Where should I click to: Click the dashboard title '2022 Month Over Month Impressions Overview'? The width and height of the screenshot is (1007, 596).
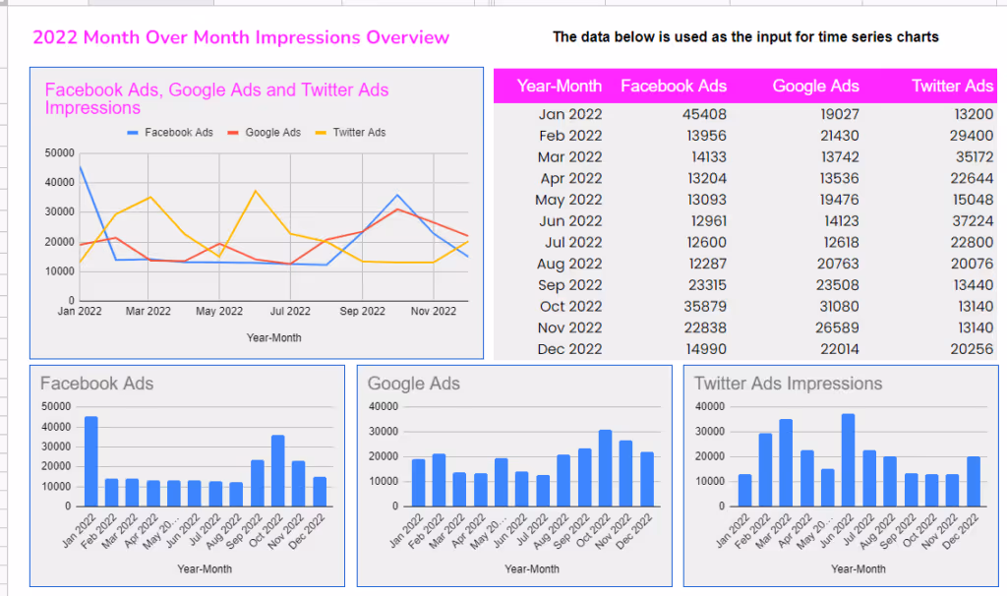(x=241, y=37)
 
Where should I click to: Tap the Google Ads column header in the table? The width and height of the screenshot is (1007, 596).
(x=815, y=86)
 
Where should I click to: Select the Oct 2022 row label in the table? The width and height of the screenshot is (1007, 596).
(x=569, y=307)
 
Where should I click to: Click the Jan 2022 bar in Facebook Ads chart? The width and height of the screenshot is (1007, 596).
(x=90, y=461)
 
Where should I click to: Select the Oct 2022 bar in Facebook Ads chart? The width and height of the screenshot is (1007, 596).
(x=277, y=470)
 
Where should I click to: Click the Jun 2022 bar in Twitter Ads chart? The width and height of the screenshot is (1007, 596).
(x=848, y=459)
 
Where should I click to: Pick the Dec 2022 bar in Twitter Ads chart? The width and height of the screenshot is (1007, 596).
(x=973, y=481)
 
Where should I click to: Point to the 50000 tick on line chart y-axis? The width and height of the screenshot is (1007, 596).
(x=60, y=153)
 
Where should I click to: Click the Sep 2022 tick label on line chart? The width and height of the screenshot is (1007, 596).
(x=363, y=312)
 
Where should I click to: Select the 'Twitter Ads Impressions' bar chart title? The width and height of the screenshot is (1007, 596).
(x=788, y=384)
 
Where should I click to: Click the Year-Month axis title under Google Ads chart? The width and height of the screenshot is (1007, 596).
(x=532, y=568)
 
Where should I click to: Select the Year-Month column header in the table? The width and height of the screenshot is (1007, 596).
(x=560, y=86)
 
